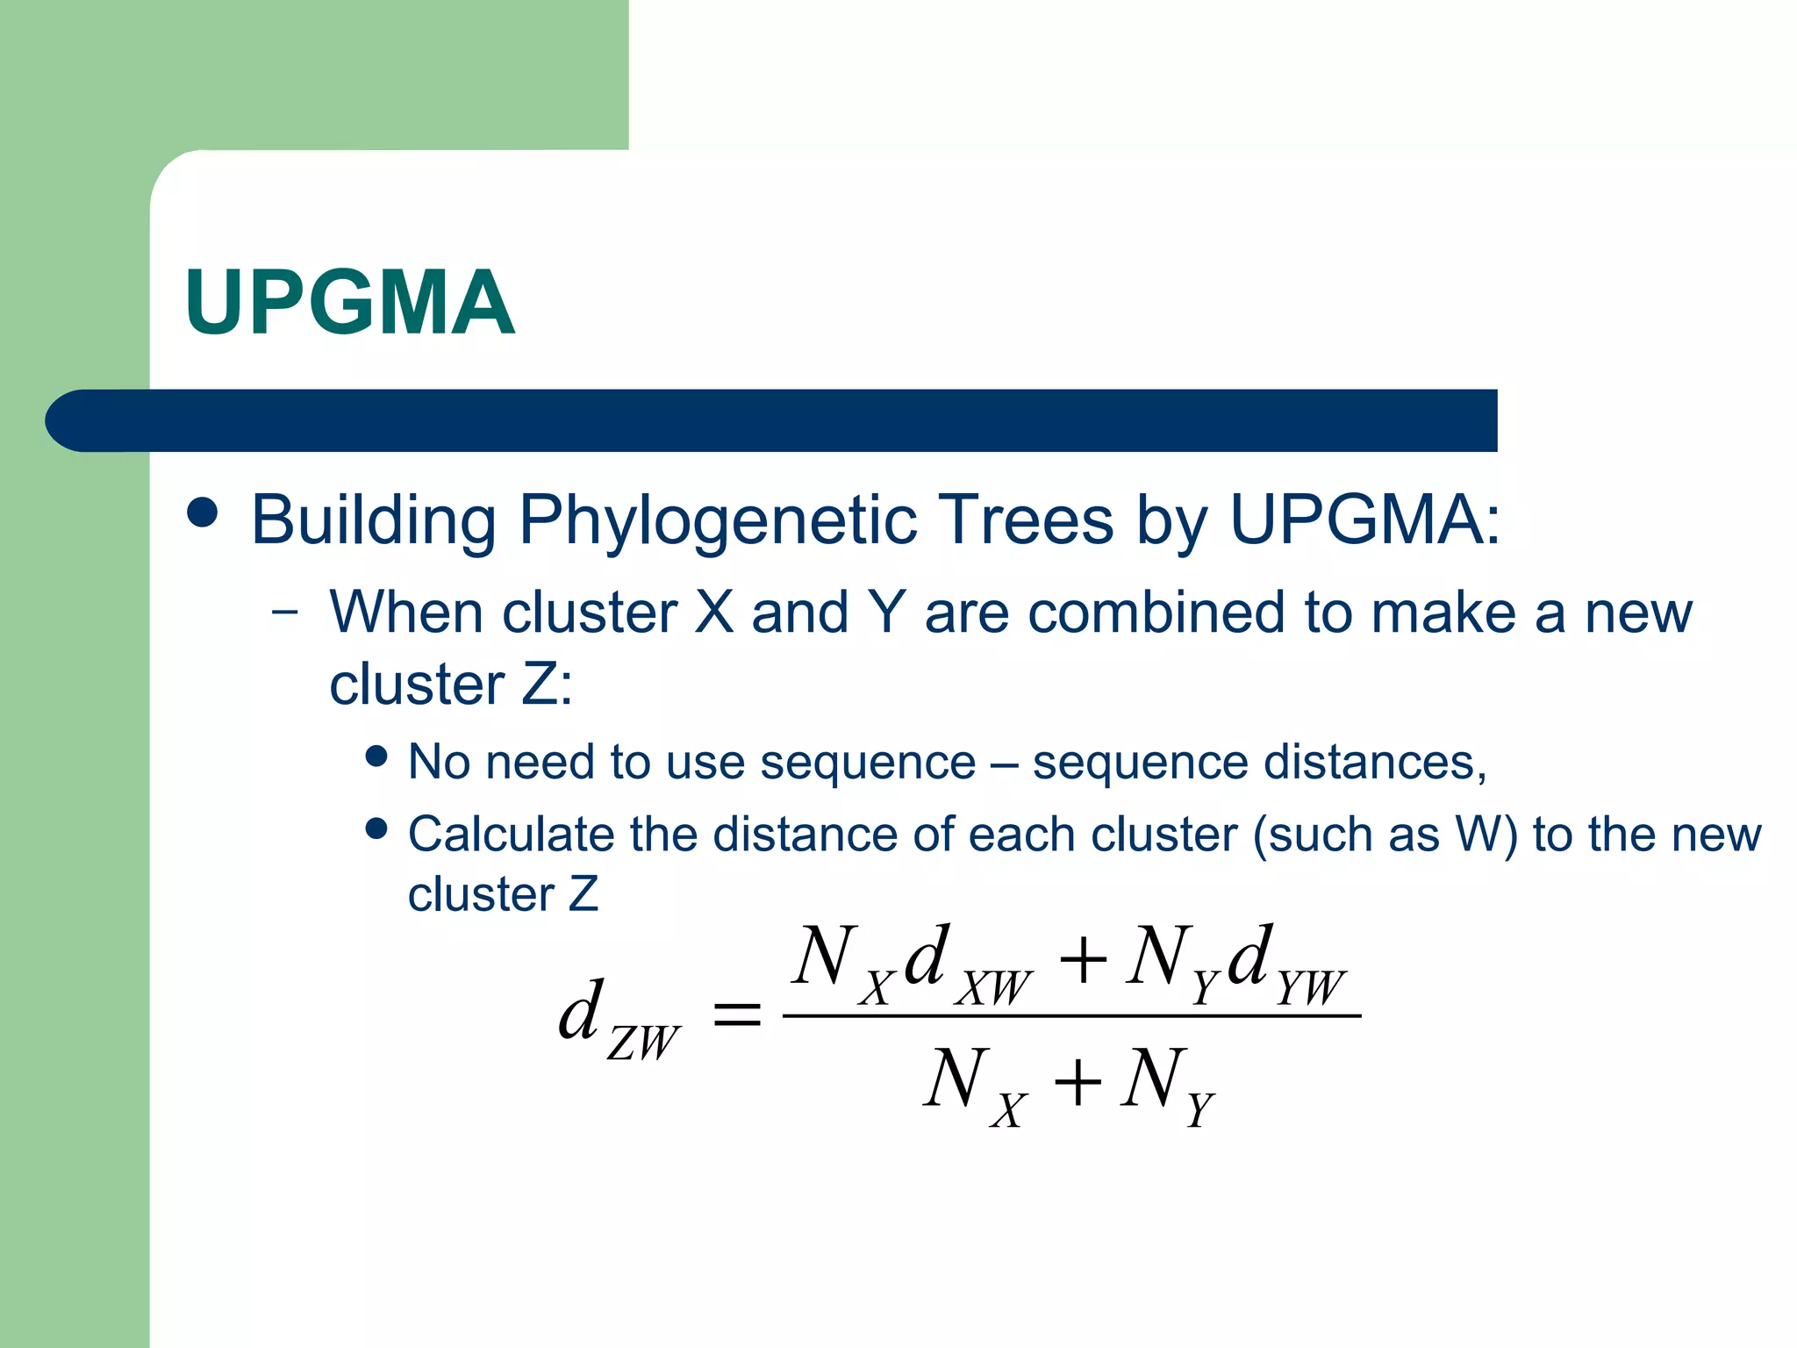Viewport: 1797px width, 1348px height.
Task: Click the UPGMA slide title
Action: tap(349, 303)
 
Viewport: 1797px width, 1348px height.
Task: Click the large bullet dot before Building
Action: tap(203, 513)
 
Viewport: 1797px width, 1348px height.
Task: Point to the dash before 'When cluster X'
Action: tap(284, 612)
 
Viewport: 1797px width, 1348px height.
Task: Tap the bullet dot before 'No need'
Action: tap(377, 756)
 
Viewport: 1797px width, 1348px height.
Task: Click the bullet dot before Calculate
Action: tap(377, 828)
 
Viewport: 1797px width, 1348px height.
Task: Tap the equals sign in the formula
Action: tap(736, 1016)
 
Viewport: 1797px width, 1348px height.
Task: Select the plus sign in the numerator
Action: tap(1083, 958)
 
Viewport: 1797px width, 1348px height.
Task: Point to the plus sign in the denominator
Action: tap(1077, 1081)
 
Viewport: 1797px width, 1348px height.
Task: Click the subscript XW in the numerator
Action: tap(995, 988)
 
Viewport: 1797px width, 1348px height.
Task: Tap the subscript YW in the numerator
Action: tap(1310, 988)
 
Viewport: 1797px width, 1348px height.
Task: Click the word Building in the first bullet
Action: tap(374, 520)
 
